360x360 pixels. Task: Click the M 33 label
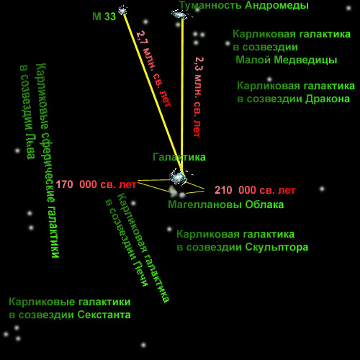coord(104,17)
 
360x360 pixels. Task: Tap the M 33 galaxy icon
coord(122,11)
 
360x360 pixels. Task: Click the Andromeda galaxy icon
coord(179,14)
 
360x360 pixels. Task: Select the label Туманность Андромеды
coord(244,6)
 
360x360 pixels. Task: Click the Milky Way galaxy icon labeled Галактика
coord(178,176)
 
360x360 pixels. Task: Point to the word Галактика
coord(179,157)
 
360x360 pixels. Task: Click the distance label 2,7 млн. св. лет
coord(154,69)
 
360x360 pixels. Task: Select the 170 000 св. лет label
coord(96,184)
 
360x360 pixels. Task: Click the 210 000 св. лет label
coord(255,190)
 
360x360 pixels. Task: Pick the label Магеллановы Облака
coord(226,204)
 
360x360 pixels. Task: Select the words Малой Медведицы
coord(287,60)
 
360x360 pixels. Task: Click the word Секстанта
coord(104,315)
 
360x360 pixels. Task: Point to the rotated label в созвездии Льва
coord(27,112)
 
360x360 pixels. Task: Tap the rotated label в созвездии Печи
coord(127,243)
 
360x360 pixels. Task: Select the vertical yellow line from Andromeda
coord(182,95)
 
